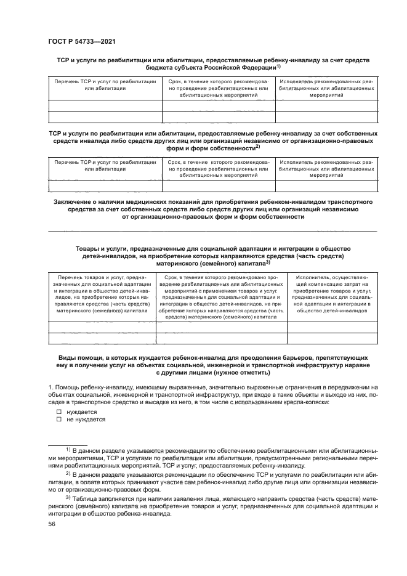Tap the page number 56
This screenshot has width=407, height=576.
(x=52, y=524)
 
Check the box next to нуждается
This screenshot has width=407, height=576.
(x=59, y=412)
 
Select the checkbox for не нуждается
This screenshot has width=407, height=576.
(x=59, y=420)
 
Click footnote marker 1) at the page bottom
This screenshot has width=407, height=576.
(x=68, y=450)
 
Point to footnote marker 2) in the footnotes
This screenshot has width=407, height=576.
(x=68, y=473)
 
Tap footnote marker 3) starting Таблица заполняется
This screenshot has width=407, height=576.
(x=68, y=496)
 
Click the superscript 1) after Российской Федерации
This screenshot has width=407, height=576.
(x=279, y=66)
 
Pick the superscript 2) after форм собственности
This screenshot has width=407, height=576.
(x=257, y=146)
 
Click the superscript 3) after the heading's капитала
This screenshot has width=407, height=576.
(x=268, y=262)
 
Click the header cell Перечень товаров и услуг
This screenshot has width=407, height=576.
(x=101, y=294)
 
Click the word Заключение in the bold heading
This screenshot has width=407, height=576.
(x=73, y=201)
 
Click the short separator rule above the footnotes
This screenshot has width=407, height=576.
(x=68, y=444)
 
